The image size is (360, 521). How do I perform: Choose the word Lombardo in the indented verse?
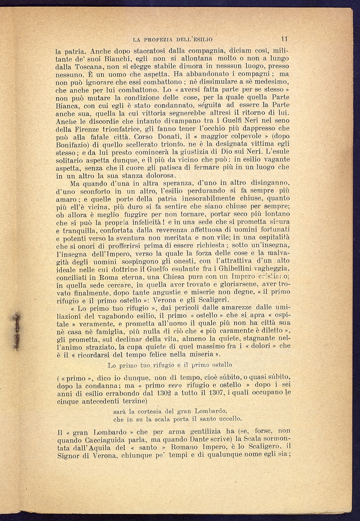[210, 411]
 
